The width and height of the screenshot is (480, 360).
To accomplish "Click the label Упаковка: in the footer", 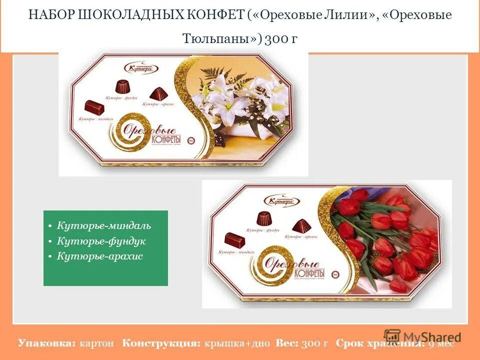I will point(46,343).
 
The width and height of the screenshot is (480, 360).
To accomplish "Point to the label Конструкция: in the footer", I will point(161,343).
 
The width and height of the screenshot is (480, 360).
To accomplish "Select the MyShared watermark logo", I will point(422,336).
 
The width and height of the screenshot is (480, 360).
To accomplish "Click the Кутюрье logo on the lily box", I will point(137,67).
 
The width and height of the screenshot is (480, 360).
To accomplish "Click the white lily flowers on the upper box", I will point(235,100).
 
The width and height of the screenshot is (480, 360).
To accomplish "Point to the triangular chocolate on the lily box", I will point(158,93).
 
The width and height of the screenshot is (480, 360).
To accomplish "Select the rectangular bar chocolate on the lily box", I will point(94,106).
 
